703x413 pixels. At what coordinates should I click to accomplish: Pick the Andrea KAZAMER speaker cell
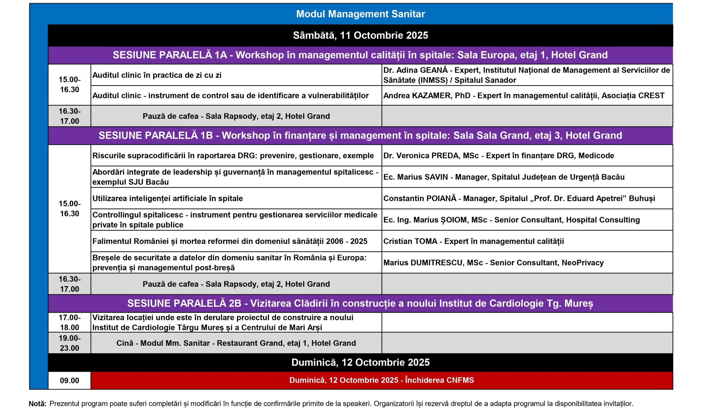[524, 96]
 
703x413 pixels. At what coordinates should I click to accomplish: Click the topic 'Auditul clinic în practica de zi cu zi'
[157, 75]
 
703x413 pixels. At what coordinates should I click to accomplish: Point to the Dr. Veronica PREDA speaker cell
[498, 155]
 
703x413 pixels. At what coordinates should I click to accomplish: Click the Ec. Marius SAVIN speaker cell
[504, 177]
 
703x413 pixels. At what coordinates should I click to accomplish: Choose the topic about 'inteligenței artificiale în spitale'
[168, 199]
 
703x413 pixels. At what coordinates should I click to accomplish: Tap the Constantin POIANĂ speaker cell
[519, 199]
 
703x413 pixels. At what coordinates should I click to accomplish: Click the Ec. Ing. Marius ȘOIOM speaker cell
[511, 220]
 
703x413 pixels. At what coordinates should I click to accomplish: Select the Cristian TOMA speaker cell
[473, 241]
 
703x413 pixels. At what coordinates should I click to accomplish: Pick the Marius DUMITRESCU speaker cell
[493, 263]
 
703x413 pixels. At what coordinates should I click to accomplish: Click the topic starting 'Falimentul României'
[230, 241]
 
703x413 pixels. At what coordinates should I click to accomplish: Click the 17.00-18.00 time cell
[69, 323]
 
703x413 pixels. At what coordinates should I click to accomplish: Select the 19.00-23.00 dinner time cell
[69, 343]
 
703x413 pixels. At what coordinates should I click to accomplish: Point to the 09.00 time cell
[69, 381]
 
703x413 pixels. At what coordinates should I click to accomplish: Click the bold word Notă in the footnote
[38, 404]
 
